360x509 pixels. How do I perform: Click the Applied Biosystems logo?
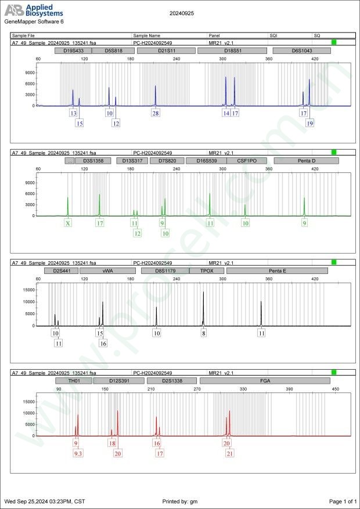pyautogui.click(x=34, y=11)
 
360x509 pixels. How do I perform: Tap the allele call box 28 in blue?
pyautogui.click(x=156, y=113)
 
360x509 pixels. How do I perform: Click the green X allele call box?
pyautogui.click(x=68, y=223)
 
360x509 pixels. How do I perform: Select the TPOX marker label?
pyautogui.click(x=206, y=270)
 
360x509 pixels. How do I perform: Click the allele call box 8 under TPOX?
pyautogui.click(x=203, y=333)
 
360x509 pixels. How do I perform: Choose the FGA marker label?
pyautogui.click(x=265, y=381)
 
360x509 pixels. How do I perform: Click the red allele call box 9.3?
pyautogui.click(x=78, y=453)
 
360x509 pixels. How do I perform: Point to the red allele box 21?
pyautogui.click(x=230, y=453)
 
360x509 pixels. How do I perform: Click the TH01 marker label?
pyautogui.click(x=73, y=381)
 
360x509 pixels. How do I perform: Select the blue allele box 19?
pyautogui.click(x=310, y=123)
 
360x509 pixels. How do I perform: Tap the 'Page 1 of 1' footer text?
pyautogui.click(x=342, y=501)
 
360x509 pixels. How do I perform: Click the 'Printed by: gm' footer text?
pyautogui.click(x=181, y=501)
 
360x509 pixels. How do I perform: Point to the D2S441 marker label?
pyautogui.click(x=61, y=270)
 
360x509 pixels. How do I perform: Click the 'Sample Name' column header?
pyautogui.click(x=147, y=35)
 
